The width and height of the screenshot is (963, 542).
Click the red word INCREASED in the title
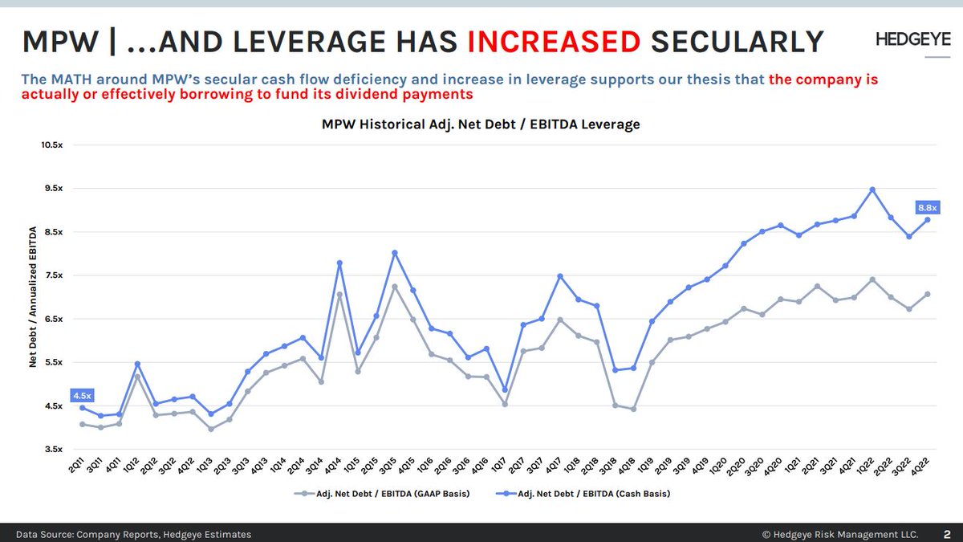(553, 40)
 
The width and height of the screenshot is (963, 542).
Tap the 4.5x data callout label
(82, 395)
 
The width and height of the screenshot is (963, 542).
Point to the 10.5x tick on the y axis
(51, 145)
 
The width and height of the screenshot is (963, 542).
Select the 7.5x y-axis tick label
(53, 275)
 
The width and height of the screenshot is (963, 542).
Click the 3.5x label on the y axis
(53, 450)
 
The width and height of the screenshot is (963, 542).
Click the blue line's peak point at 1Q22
(872, 189)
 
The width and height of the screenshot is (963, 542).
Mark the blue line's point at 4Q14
(339, 263)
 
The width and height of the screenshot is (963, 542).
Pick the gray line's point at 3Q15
(395, 286)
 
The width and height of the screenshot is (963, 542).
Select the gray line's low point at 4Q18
(633, 409)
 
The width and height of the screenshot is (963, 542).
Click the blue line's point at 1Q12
(137, 364)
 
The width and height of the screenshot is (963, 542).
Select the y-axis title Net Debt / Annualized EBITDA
(34, 297)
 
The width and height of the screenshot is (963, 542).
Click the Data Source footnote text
(134, 534)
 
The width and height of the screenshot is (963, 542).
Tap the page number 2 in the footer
(947, 533)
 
